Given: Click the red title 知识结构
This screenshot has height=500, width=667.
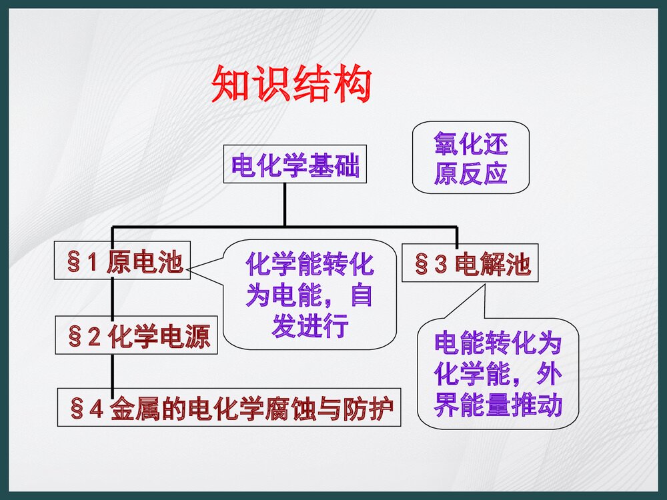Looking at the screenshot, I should pyautogui.click(x=291, y=84).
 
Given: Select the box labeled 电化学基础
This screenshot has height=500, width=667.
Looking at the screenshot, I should pyautogui.click(x=295, y=165).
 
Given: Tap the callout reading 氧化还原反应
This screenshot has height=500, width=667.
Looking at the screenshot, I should pyautogui.click(x=470, y=157).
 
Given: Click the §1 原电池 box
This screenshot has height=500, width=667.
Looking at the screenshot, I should pyautogui.click(x=122, y=261).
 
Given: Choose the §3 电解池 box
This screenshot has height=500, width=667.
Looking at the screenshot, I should pyautogui.click(x=470, y=264).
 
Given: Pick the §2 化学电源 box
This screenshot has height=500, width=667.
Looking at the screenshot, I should pyautogui.click(x=136, y=335).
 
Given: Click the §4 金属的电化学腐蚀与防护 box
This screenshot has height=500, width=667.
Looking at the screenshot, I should pyautogui.click(x=229, y=407).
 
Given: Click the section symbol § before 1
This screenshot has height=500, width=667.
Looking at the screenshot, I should pyautogui.click(x=74, y=261).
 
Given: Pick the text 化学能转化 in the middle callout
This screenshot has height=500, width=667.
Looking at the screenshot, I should pyautogui.click(x=309, y=265).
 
